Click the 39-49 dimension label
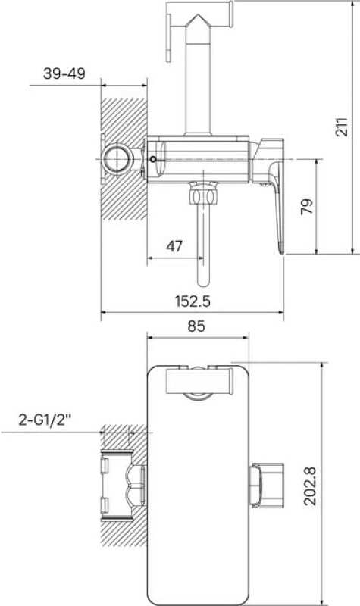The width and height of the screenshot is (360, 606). click(64, 73)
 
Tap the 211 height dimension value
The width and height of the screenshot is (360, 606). click(342, 127)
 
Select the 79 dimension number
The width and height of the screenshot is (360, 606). click(306, 206)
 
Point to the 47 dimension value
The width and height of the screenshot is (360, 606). click(174, 245)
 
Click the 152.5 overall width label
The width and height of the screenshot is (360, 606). click(193, 301)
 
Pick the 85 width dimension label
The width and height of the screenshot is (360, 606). click(196, 326)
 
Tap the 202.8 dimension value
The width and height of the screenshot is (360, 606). click(310, 486)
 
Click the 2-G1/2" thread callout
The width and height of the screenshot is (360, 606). click(45, 420)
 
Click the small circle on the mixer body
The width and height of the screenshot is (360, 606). click(154, 159)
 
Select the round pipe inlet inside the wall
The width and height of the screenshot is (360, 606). click(116, 158)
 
